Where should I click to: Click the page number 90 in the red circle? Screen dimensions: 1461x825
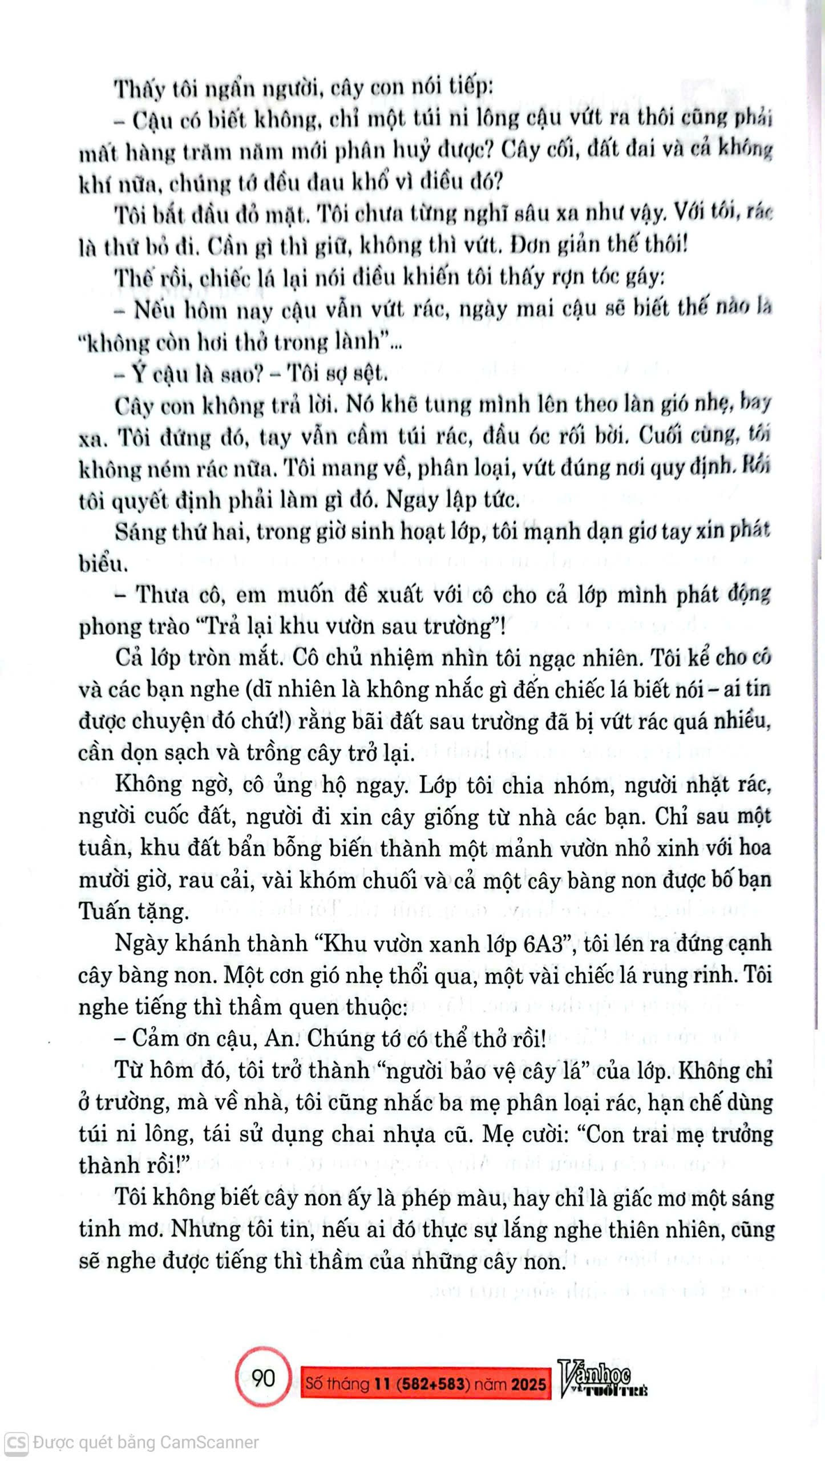click(263, 1378)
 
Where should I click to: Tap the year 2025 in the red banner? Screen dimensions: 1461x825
click(528, 1384)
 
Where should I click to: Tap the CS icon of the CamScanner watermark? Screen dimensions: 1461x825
click(16, 1443)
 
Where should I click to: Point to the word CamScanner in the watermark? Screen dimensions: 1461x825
click(209, 1443)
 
